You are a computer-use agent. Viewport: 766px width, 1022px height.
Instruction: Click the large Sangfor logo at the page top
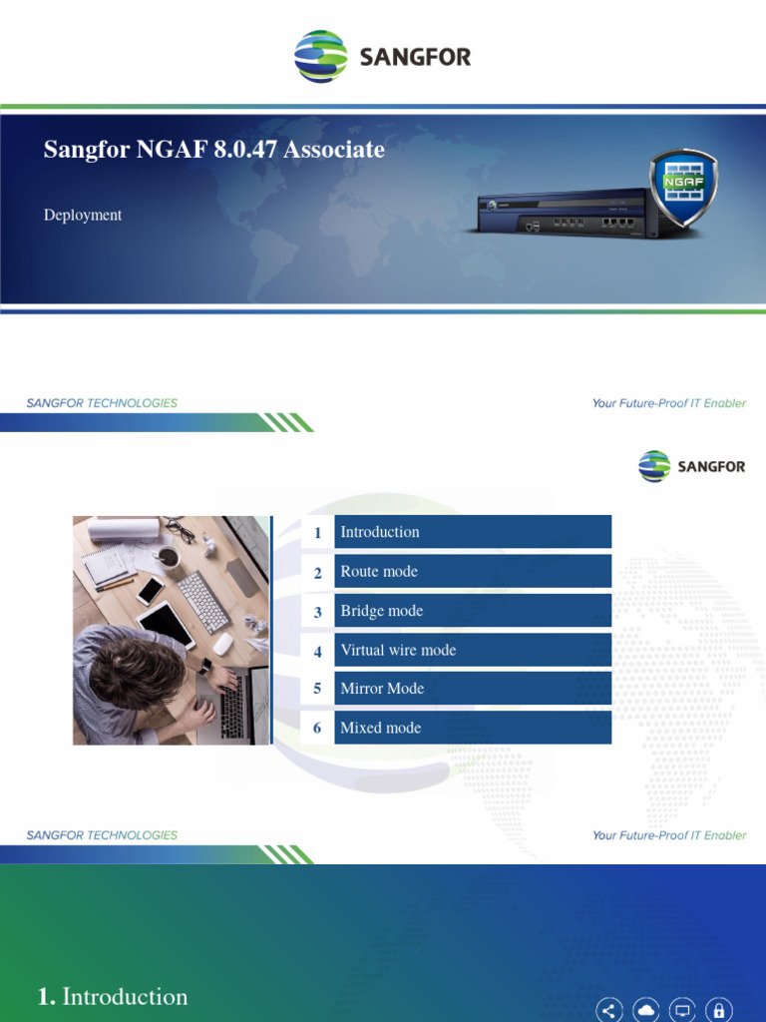coord(383,56)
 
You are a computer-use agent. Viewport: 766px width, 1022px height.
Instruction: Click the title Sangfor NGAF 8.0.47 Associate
coord(213,150)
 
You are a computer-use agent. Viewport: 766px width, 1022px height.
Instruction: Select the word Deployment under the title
coord(83,215)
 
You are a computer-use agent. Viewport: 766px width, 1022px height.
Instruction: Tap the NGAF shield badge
coord(683,187)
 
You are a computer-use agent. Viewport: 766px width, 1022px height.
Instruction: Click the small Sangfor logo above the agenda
coord(691,466)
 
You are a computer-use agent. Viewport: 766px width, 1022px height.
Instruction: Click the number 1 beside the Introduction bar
coord(317,533)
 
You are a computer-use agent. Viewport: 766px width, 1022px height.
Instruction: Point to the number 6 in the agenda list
coord(317,729)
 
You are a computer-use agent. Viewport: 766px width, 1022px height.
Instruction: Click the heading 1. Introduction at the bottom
coord(112,996)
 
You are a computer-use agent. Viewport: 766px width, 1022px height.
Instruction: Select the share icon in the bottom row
coord(609,1009)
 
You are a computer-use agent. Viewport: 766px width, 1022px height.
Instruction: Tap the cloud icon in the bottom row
coord(646,1009)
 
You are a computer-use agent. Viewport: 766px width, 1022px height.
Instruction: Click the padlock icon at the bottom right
coord(719,1009)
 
